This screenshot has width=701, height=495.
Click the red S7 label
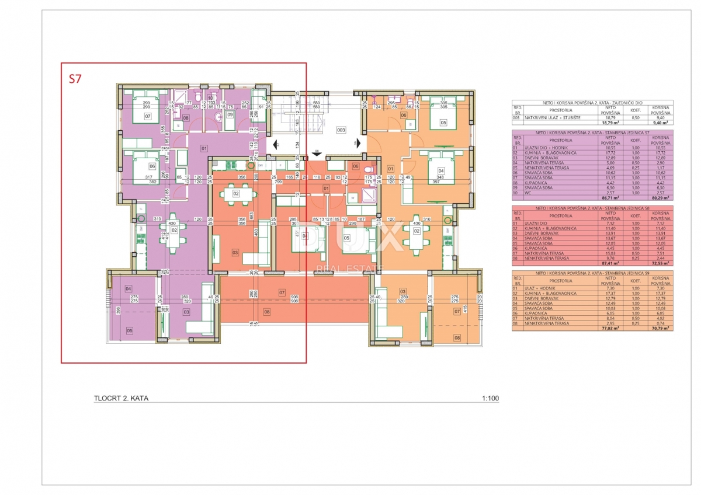75,80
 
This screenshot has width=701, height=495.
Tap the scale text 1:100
490,399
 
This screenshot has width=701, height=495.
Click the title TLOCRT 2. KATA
121,399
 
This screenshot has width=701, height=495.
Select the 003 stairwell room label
341,130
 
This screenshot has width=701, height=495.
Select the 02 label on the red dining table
236,193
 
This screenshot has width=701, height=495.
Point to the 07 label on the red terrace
282,291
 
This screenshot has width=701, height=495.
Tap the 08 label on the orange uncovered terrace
457,337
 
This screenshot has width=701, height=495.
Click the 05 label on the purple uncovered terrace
129,330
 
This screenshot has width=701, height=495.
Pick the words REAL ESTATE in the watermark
350,269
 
